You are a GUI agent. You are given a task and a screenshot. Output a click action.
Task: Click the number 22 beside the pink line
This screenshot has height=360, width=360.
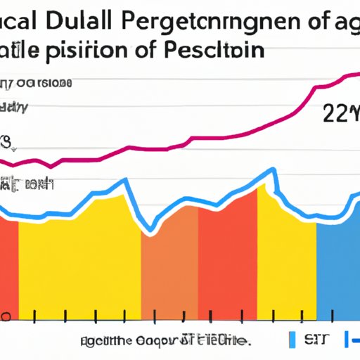point(335,112)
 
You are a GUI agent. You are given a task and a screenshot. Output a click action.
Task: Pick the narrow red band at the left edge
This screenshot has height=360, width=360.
point(8,267)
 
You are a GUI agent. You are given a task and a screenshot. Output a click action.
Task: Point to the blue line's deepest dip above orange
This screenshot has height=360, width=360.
point(150,230)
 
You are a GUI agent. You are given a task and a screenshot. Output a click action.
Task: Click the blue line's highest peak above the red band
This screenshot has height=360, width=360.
point(270,171)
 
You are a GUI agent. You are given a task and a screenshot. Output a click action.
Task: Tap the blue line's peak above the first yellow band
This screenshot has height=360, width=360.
point(124,181)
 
